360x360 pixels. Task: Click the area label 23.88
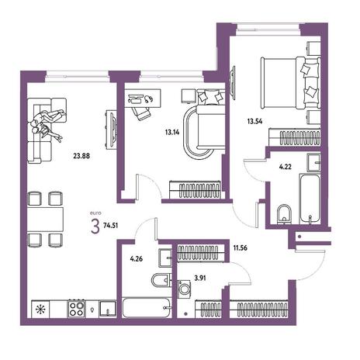click(x=81, y=156)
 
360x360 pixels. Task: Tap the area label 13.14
click(x=172, y=133)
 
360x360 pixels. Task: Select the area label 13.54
click(x=254, y=121)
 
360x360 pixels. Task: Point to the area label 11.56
click(x=240, y=247)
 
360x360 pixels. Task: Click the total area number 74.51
click(x=110, y=225)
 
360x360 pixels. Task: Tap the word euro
click(x=95, y=213)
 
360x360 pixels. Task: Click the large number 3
click(x=95, y=226)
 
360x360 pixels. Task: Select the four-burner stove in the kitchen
click(x=77, y=309)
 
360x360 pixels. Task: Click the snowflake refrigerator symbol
click(x=40, y=309)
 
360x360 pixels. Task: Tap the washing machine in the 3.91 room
click(x=185, y=289)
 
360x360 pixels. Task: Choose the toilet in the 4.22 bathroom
click(x=284, y=214)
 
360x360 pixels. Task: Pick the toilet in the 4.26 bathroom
click(x=161, y=280)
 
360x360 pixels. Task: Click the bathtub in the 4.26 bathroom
click(x=147, y=308)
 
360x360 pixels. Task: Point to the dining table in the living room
click(x=45, y=220)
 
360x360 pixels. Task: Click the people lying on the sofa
click(x=48, y=125)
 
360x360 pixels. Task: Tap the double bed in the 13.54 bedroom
click(x=291, y=83)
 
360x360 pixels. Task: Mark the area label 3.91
click(x=200, y=279)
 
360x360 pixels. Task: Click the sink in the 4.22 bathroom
click(x=313, y=162)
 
